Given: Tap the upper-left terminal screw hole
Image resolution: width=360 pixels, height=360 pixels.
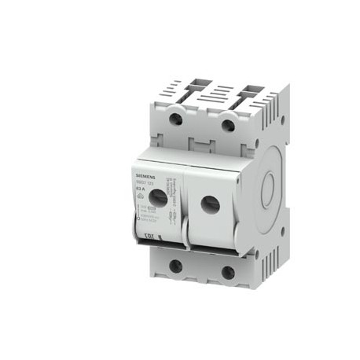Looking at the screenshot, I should [x=177, y=119].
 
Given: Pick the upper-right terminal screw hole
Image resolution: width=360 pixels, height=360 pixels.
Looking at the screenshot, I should [x=228, y=126].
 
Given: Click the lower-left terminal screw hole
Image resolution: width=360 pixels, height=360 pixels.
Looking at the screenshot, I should [x=175, y=266].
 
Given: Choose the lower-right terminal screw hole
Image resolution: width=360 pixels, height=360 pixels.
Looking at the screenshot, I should [x=228, y=273].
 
